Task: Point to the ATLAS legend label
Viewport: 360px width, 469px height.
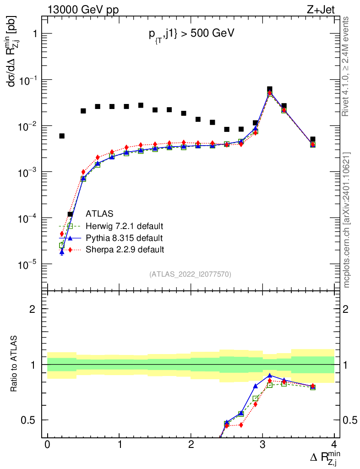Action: (100, 214)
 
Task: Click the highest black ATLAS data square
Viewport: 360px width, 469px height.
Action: (269, 89)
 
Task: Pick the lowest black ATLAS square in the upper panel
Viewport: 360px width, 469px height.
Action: (71, 214)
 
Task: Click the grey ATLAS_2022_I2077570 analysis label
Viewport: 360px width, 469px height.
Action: (190, 274)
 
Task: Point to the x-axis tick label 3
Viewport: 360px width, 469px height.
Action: (262, 445)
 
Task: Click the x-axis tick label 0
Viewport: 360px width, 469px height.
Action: (47, 445)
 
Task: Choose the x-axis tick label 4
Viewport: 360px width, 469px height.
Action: (334, 445)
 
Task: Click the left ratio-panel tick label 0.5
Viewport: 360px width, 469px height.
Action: (29, 420)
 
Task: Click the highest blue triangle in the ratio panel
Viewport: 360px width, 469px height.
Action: (270, 375)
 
